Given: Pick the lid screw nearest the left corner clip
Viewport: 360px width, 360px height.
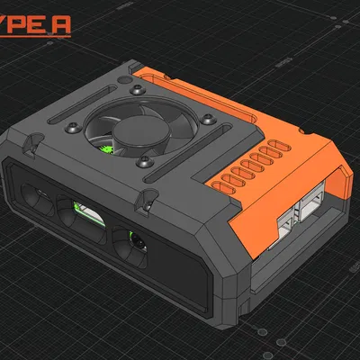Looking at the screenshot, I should click(x=68, y=128).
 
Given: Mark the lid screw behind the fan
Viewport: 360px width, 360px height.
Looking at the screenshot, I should click(x=134, y=91).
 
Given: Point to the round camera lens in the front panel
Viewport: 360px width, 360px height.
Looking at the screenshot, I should click(x=136, y=241).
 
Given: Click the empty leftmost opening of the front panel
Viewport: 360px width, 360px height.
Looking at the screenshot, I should click(x=38, y=195).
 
